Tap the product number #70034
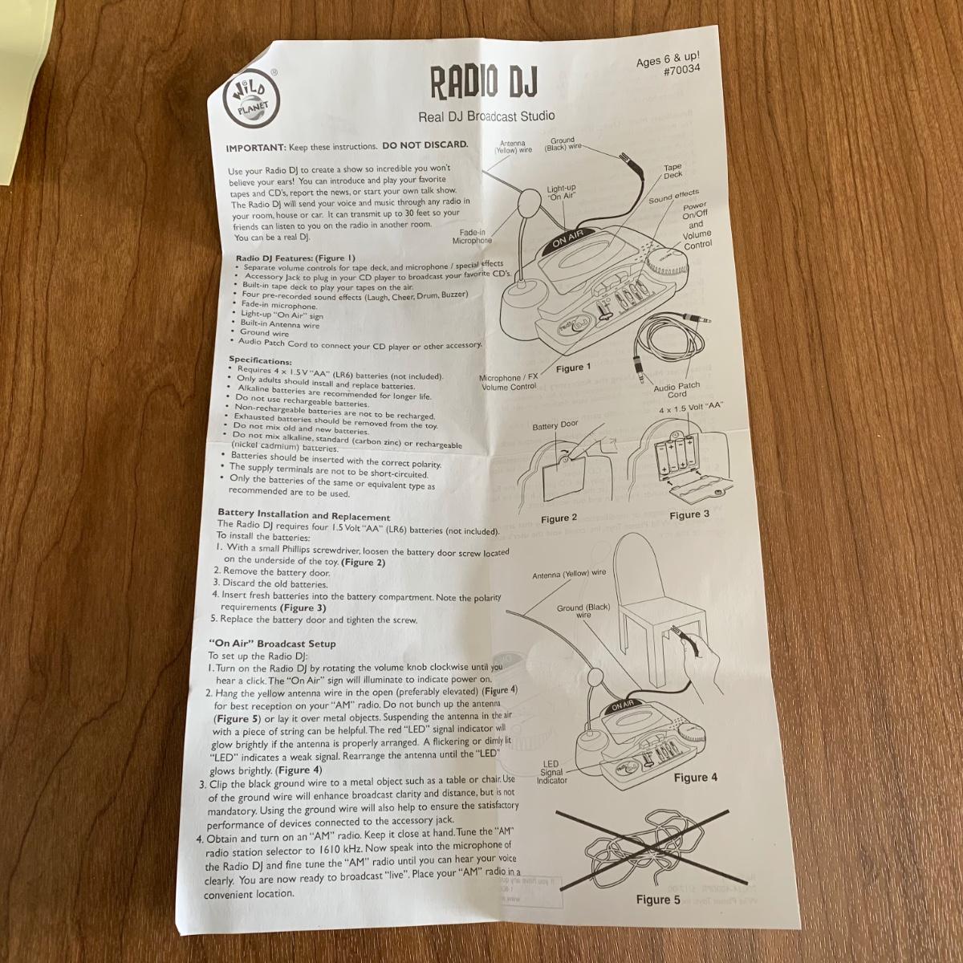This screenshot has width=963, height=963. coord(681,71)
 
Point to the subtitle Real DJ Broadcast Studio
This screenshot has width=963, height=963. coord(486,117)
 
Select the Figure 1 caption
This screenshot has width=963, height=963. coord(573,368)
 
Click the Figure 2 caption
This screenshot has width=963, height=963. coord(559,519)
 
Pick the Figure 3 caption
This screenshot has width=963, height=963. coord(689,515)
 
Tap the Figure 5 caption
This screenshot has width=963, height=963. coord(658,900)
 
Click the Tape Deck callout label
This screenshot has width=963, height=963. coord(672,171)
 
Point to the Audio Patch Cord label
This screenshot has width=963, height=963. coord(677,390)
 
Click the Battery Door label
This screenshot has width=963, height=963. coord(555,425)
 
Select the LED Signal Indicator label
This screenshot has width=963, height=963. coord(551,772)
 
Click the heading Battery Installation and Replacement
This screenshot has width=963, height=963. coord(304,514)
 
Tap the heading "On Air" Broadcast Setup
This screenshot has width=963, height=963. coord(272,644)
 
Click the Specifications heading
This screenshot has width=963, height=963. coord(260,360)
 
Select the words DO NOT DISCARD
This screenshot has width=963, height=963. coord(425,145)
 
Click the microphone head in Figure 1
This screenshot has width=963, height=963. coord(528,201)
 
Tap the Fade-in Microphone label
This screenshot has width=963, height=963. coord(472,237)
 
